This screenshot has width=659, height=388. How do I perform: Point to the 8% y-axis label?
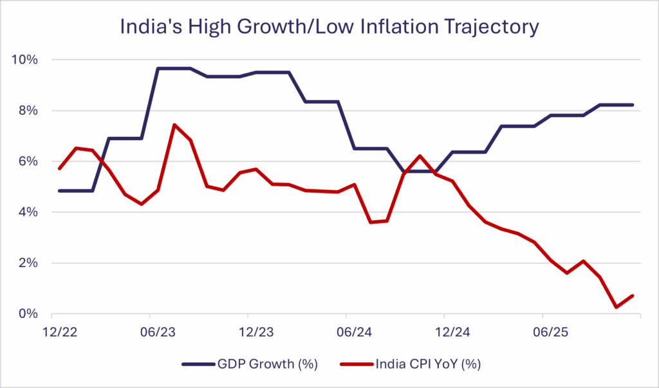click(x=28, y=110)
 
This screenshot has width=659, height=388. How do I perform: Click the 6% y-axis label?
click(x=28, y=161)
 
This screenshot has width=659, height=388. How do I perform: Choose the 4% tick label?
click(x=28, y=212)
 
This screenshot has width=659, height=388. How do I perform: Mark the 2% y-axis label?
click(x=28, y=263)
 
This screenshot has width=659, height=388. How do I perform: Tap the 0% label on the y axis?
click(x=28, y=313)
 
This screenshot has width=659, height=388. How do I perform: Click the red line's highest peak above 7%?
click(x=174, y=125)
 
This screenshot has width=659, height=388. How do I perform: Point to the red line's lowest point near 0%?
click(x=617, y=307)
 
